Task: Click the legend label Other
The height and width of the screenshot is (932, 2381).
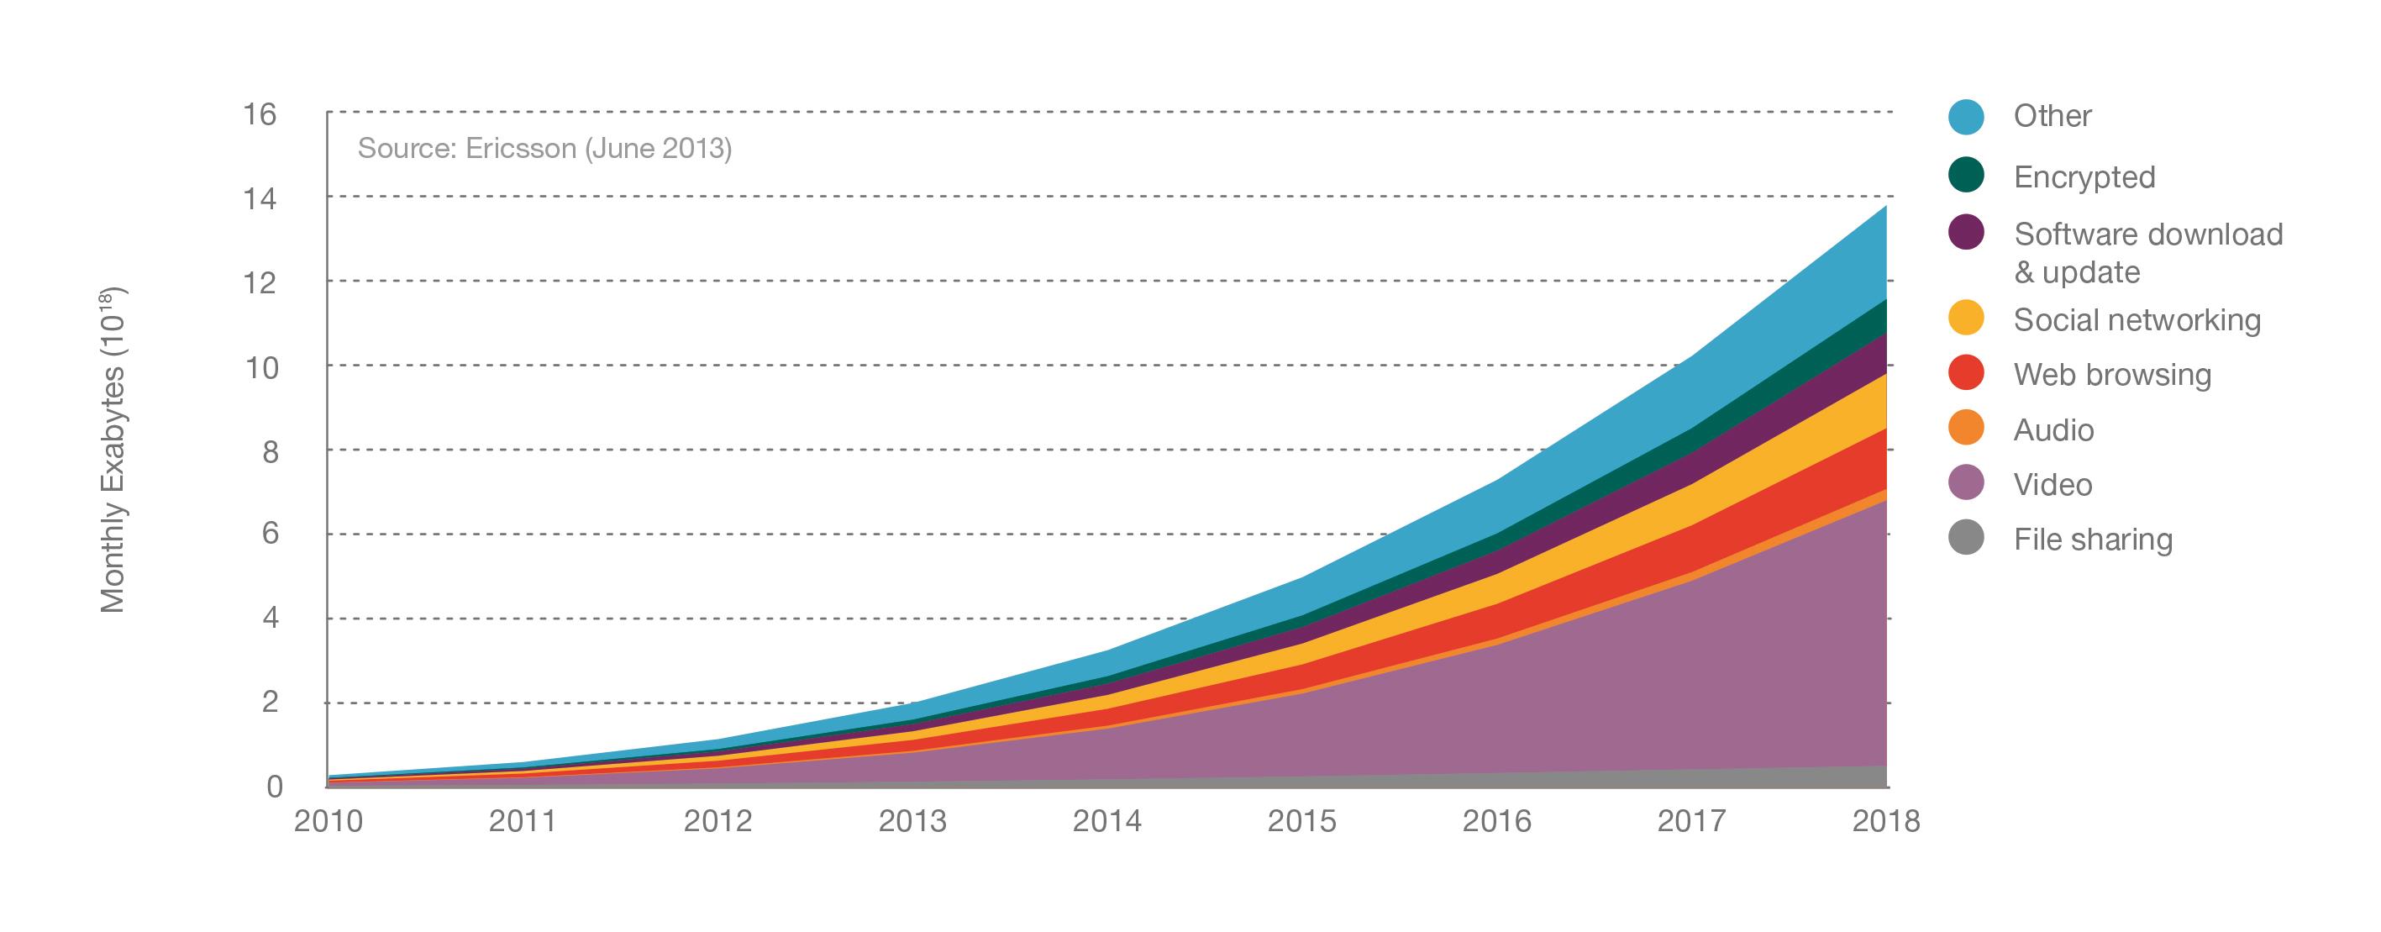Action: coord(2052,117)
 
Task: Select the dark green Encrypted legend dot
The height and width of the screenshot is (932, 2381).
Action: coord(1966,175)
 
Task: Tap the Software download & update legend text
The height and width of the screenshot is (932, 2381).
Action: coord(2147,252)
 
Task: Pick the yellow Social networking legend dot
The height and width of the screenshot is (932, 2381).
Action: coord(1966,318)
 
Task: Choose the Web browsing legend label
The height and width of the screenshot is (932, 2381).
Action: coord(2112,375)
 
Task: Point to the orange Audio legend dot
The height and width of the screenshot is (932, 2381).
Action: coord(1966,428)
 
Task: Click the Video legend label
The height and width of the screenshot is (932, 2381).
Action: coord(2052,485)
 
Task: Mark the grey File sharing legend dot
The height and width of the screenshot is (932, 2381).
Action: coord(1966,537)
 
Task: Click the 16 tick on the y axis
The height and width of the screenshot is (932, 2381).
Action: coord(259,114)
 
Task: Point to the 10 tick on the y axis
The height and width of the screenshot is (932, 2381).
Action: coord(260,368)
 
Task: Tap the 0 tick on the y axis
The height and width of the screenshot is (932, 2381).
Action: coord(275,787)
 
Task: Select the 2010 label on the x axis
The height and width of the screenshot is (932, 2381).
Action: coord(329,821)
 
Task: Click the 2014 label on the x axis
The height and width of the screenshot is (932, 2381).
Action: coord(1106,821)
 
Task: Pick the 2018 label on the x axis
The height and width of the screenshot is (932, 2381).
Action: coord(1885,821)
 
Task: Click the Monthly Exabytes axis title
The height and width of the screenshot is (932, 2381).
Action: coord(113,451)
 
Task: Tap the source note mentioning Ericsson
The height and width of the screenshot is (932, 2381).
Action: coord(544,149)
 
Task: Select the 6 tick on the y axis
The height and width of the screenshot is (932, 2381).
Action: coord(270,534)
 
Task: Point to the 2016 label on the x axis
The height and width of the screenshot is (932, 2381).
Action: coord(1496,821)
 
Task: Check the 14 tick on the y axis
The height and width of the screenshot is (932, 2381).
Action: coord(259,199)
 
